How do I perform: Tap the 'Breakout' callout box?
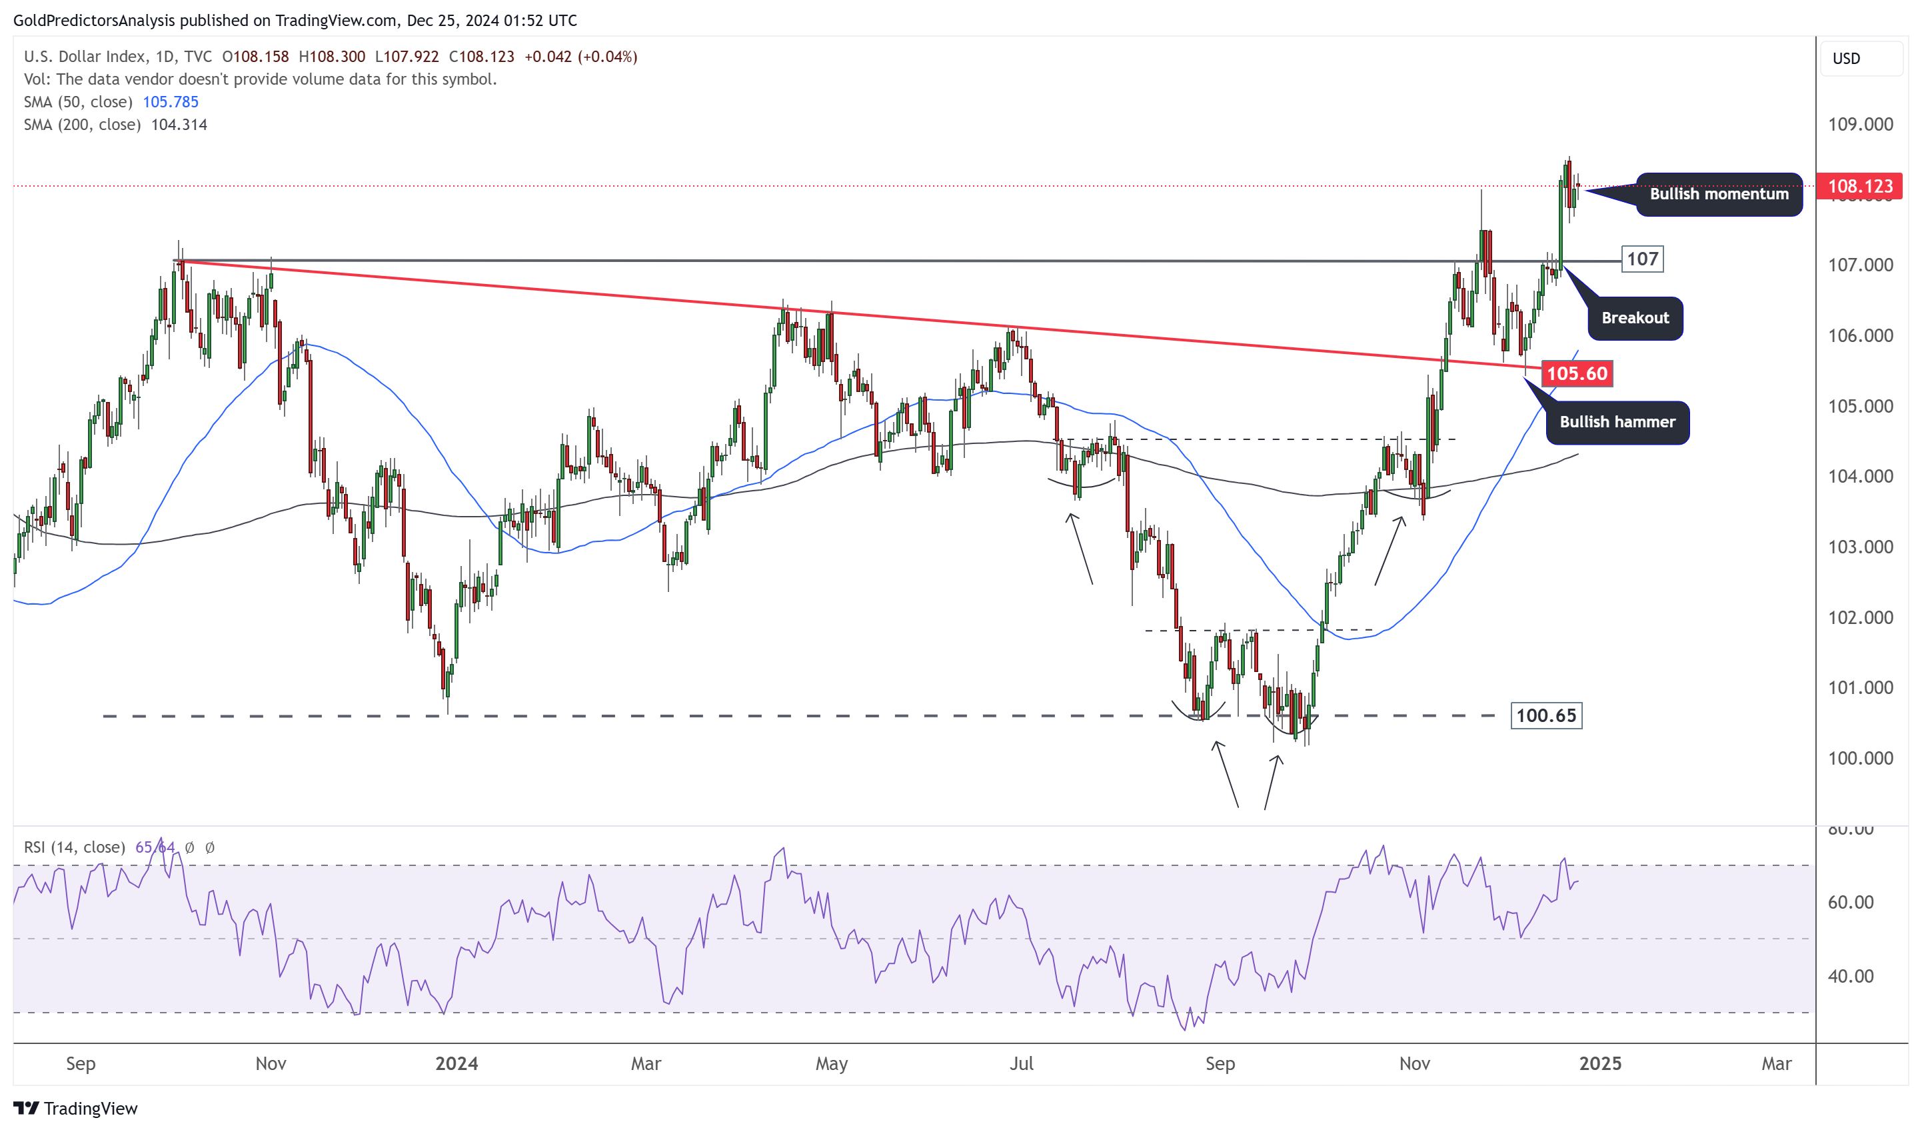1635,318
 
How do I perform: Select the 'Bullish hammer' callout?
1617,422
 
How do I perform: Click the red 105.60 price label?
1577,374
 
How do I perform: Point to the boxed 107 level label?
1641,259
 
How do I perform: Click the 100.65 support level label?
1545,715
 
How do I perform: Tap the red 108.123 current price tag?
1859,186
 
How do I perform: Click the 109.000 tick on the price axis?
1860,125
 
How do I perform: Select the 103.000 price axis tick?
1860,547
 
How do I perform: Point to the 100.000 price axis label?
1860,758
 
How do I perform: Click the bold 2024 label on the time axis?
456,1063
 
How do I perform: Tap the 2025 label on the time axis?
1600,1063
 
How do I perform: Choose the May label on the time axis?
831,1063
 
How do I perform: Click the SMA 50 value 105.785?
170,102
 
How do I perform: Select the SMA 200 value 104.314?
179,125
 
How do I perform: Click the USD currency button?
1846,59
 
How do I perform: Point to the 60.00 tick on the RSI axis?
1850,903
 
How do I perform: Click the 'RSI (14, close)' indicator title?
74,847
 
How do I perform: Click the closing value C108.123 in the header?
481,57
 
